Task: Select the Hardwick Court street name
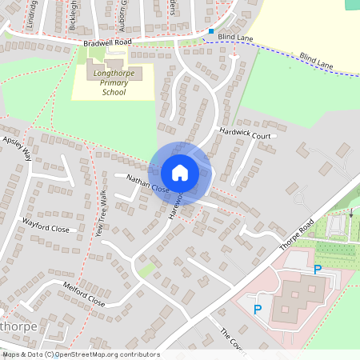[x=246, y=135]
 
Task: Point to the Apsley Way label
[x=17, y=148]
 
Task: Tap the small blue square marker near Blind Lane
[x=211, y=31]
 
